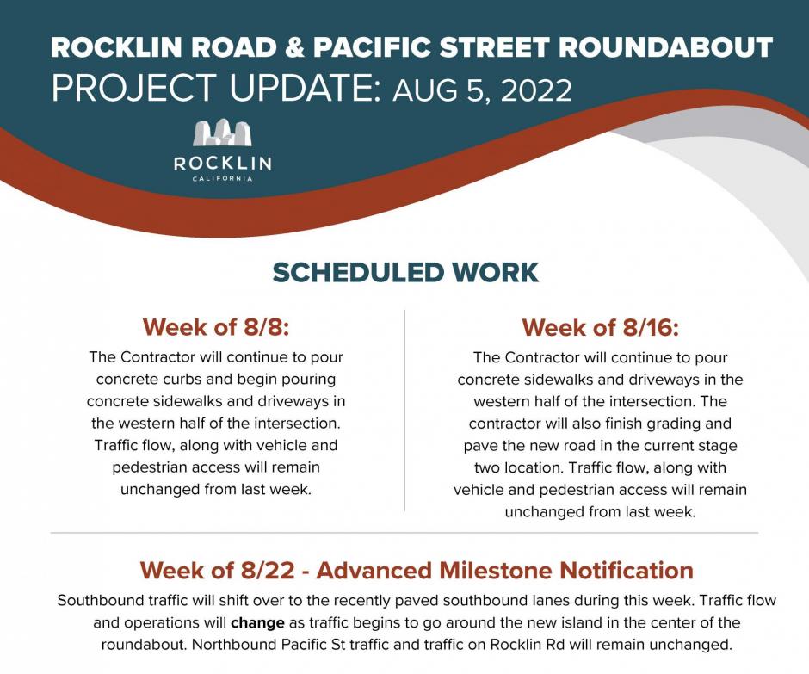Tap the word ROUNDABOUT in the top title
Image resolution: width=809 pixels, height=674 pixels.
click(665, 47)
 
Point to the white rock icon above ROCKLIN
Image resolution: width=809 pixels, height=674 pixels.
click(222, 133)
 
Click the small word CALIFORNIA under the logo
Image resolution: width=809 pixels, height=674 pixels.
click(222, 178)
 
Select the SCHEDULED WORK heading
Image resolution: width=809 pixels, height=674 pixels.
click(405, 273)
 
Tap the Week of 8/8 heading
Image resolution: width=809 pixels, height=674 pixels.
click(216, 327)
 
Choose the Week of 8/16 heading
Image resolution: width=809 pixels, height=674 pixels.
click(600, 328)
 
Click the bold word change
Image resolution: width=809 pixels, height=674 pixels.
click(257, 623)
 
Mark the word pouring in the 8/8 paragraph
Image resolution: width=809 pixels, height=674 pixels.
click(308, 380)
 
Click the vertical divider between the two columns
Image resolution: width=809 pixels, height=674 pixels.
click(405, 411)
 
